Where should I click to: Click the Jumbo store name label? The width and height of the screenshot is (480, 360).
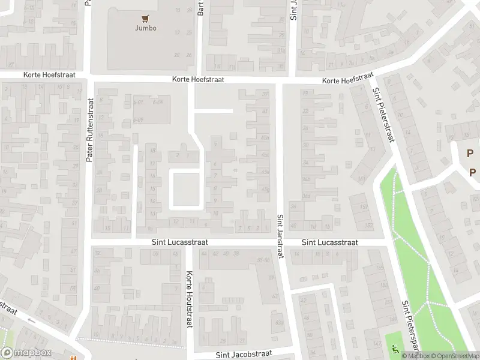(145, 28)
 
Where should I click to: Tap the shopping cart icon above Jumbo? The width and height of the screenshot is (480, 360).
(145, 18)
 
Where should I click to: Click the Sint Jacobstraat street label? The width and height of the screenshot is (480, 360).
(244, 355)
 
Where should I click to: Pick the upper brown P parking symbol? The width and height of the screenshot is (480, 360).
(470, 153)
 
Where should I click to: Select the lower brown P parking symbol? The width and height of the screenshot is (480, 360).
(472, 173)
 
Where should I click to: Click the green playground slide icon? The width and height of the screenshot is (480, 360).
(394, 347)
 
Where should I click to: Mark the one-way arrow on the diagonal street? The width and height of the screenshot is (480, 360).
(31, 320)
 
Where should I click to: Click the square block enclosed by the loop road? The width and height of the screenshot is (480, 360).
(185, 189)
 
